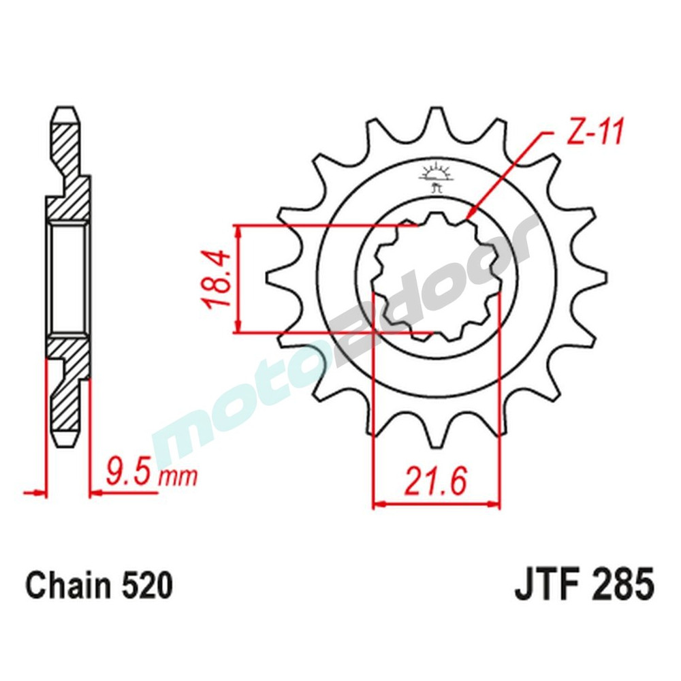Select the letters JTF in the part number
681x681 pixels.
click(x=542, y=586)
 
